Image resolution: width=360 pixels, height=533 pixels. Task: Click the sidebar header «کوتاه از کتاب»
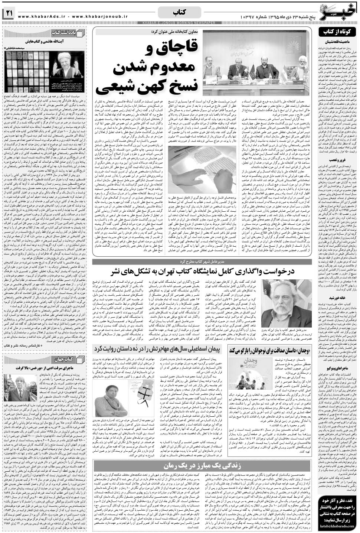point(338,33)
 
